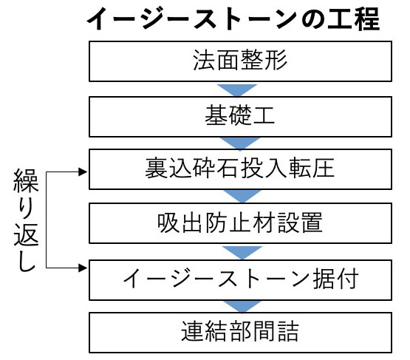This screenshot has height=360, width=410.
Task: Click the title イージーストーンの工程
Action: [233, 18]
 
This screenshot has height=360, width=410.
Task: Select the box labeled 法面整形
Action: [240, 61]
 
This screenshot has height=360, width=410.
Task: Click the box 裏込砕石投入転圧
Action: [240, 169]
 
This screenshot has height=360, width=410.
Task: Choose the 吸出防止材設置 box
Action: [240, 222]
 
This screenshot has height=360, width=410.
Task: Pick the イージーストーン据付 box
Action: [240, 277]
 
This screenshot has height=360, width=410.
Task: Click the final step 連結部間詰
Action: [240, 331]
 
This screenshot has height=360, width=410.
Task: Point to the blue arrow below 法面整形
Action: [239, 89]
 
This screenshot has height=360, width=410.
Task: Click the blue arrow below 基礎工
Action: [239, 142]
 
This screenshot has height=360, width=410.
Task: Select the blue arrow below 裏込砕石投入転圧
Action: [239, 195]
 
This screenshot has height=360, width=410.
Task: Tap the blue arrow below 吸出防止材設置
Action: [239, 250]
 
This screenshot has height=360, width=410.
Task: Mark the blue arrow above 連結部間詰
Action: [239, 304]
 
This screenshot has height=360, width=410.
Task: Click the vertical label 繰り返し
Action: [24, 220]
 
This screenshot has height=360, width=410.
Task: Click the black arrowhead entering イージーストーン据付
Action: [83, 268]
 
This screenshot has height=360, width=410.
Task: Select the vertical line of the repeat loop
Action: [47, 222]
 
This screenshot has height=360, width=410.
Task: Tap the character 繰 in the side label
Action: [24, 179]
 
